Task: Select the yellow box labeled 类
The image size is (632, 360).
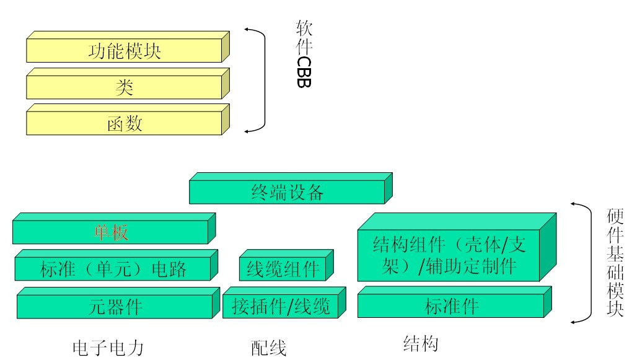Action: point(124,87)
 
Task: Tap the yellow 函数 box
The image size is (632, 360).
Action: point(124,123)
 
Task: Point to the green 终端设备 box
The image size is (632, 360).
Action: point(287,193)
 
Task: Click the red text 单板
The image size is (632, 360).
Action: point(111,232)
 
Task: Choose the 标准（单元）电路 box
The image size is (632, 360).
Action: point(113,269)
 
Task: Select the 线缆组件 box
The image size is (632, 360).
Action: point(283,269)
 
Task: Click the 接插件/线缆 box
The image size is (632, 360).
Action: point(281,306)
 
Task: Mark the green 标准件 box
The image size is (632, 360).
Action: point(452,306)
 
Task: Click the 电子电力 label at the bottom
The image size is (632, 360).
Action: point(108,348)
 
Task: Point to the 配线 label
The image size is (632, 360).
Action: point(268,348)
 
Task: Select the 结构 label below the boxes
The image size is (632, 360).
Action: point(420,343)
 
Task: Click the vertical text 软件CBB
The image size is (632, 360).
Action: point(304,54)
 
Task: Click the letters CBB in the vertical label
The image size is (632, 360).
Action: point(304,72)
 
